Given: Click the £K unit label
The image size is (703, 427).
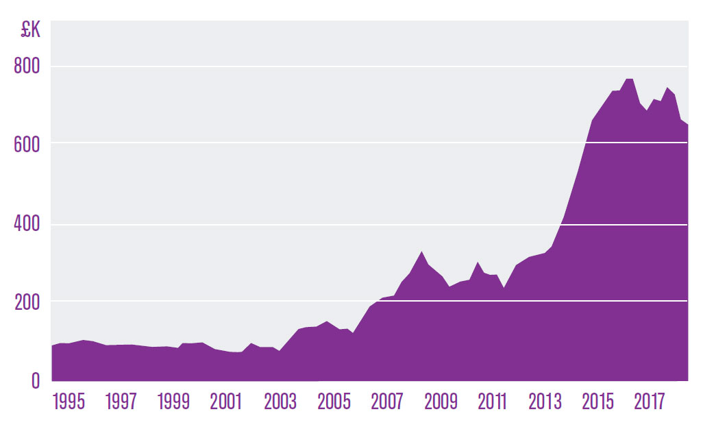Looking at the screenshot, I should pyautogui.click(x=32, y=32).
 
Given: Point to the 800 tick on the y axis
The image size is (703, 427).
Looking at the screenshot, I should pyautogui.click(x=27, y=66).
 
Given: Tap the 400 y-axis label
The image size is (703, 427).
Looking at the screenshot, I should pyautogui.click(x=27, y=225).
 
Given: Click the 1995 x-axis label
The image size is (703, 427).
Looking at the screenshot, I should pyautogui.click(x=69, y=402).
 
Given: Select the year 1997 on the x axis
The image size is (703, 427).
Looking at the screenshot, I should pyautogui.click(x=121, y=402).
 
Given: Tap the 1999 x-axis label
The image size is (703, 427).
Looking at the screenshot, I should pyautogui.click(x=174, y=402).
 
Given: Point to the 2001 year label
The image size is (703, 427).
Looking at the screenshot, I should pyautogui.click(x=227, y=402).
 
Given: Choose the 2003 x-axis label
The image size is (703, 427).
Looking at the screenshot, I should pyautogui.click(x=280, y=402).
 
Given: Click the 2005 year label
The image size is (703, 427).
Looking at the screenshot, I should pyautogui.click(x=334, y=402).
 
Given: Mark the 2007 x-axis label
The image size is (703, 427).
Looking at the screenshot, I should pyautogui.click(x=386, y=402).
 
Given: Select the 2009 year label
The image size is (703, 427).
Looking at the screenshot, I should pyautogui.click(x=440, y=402).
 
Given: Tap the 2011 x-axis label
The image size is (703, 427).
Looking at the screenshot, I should pyautogui.click(x=492, y=402).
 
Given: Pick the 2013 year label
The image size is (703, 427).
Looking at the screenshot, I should pyautogui.click(x=545, y=402).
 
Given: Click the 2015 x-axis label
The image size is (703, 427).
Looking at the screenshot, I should pyautogui.click(x=598, y=402).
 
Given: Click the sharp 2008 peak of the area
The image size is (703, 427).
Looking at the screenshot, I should pyautogui.click(x=422, y=252).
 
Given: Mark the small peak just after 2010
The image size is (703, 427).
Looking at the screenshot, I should pyautogui.click(x=478, y=262).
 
